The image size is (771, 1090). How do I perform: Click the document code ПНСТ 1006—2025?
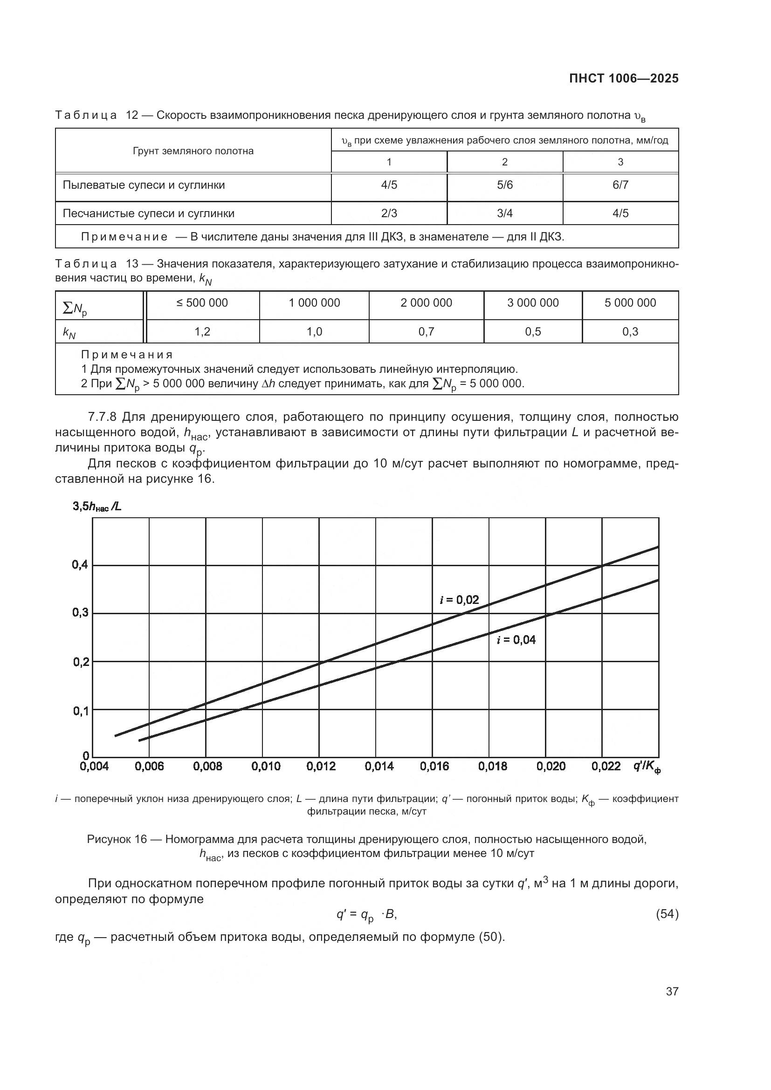click(624, 79)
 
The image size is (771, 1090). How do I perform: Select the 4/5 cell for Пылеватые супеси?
click(389, 185)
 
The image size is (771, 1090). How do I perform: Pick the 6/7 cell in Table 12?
click(620, 185)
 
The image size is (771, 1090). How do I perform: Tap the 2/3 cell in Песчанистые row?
click(389, 213)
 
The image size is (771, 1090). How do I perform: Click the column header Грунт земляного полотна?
click(193, 151)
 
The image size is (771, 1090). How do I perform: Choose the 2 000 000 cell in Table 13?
click(426, 303)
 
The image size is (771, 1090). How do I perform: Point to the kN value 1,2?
click(202, 332)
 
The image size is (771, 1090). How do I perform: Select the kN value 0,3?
click(630, 332)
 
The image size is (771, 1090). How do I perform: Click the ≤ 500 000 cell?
click(202, 303)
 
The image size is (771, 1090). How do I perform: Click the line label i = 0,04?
click(516, 640)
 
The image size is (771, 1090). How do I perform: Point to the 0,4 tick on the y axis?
click(80, 565)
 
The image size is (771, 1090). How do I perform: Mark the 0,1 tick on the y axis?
click(80, 711)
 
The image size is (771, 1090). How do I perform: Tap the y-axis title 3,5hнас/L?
click(97, 507)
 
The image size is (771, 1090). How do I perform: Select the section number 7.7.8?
click(102, 417)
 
